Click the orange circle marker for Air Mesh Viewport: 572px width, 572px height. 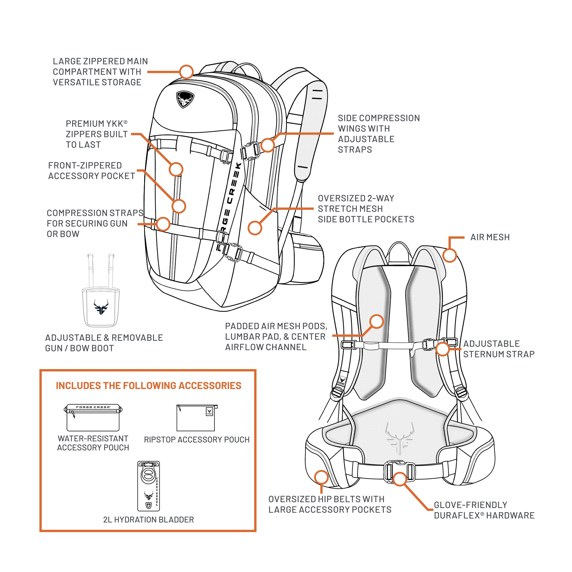[449, 255]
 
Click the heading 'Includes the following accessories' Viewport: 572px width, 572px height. [149, 385]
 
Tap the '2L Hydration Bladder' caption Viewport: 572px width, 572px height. [149, 520]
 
